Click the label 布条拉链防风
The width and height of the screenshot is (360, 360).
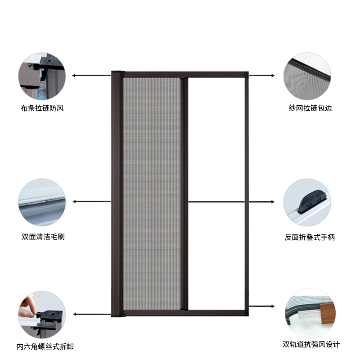click(x=42, y=108)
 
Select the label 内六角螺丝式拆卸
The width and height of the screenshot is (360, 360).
click(x=45, y=346)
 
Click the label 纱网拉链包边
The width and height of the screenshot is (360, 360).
click(x=310, y=108)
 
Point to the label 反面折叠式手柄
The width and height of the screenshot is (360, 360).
click(x=310, y=237)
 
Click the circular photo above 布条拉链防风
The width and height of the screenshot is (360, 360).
click(x=42, y=75)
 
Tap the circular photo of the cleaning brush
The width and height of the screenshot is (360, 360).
click(x=42, y=202)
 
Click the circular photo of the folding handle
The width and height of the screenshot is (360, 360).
click(x=307, y=202)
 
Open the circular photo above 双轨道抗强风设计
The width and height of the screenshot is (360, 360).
click(x=307, y=312)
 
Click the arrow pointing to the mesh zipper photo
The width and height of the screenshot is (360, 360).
click(x=262, y=75)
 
